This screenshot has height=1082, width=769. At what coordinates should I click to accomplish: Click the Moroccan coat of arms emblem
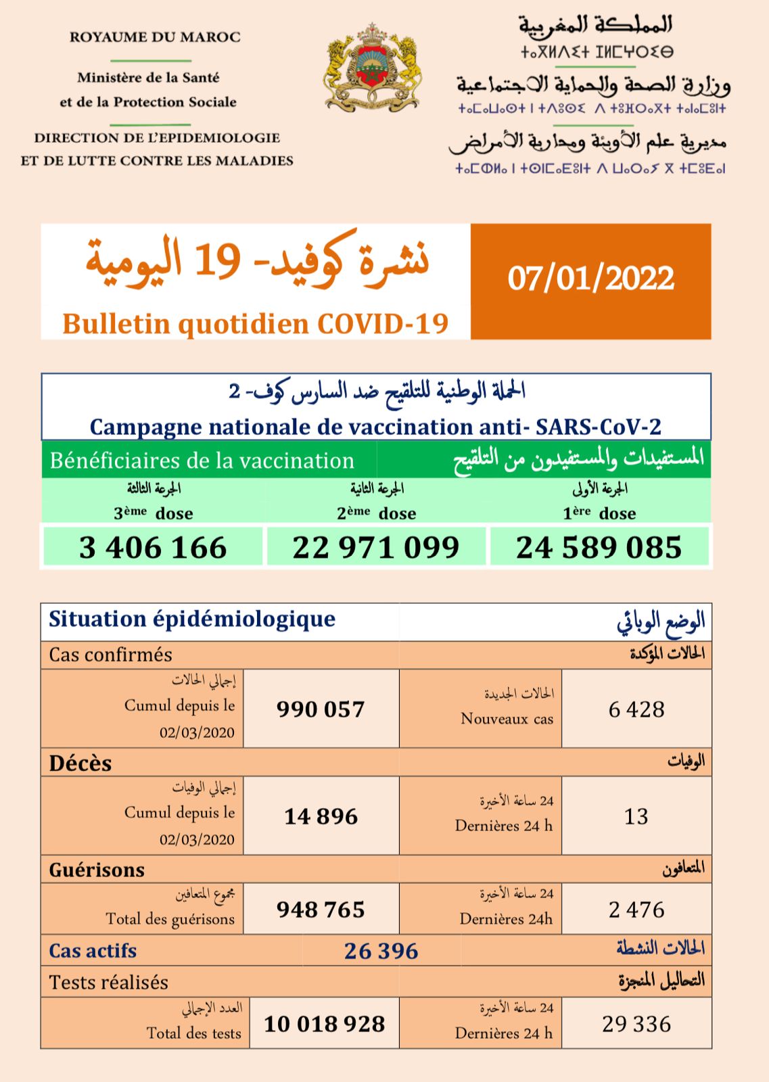pyautogui.click(x=373, y=68)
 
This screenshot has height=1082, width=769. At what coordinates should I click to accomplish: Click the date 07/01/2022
pyautogui.click(x=590, y=279)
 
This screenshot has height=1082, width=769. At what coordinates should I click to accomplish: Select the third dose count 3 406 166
pyautogui.click(x=153, y=547)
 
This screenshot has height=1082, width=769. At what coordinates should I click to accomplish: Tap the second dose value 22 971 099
pyautogui.click(x=376, y=547)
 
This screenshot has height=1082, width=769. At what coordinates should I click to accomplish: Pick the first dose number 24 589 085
pyautogui.click(x=599, y=547)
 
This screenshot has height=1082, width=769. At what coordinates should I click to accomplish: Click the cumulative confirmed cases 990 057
pyautogui.click(x=321, y=709)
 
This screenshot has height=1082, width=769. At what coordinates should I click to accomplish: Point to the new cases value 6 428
pyautogui.click(x=636, y=709)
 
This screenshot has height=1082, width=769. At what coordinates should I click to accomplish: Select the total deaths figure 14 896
pyautogui.click(x=321, y=816)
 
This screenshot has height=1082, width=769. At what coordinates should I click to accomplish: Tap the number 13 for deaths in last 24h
pyautogui.click(x=636, y=816)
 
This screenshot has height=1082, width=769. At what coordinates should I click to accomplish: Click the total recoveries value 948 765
pyautogui.click(x=321, y=910)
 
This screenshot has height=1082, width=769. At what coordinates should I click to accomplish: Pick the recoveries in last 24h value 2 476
pyautogui.click(x=636, y=910)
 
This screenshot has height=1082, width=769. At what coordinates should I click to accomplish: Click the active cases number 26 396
pyautogui.click(x=381, y=951)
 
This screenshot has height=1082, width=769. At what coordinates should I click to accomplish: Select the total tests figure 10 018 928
pyautogui.click(x=324, y=1024)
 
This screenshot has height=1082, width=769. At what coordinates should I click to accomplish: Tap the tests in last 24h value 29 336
pyautogui.click(x=636, y=1024)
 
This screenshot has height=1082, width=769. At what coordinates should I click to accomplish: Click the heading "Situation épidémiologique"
pyautogui.click(x=192, y=619)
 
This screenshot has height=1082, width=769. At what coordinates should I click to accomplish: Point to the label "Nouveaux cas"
pyautogui.click(x=507, y=718)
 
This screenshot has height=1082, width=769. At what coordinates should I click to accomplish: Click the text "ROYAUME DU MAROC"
pyautogui.click(x=155, y=37)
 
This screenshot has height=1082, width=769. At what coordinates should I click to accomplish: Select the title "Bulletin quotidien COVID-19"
pyautogui.click(x=256, y=323)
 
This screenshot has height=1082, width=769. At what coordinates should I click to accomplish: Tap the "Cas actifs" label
pyautogui.click(x=93, y=951)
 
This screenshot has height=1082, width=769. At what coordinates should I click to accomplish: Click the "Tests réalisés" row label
pyautogui.click(x=108, y=982)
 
